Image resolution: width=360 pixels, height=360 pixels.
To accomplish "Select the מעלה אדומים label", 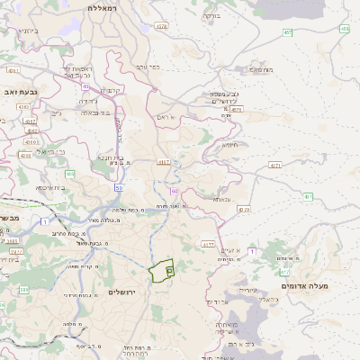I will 305,285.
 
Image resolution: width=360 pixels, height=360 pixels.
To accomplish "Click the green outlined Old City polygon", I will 161,270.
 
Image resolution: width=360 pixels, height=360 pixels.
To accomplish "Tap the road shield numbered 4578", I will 162,27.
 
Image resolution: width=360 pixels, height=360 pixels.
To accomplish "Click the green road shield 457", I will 288,32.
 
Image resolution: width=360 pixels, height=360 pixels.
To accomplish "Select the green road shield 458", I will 345,29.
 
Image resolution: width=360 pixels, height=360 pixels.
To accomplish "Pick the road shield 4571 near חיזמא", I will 275,166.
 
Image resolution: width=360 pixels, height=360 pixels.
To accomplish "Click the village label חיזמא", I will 230,144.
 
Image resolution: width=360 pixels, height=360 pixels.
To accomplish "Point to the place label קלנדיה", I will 112,90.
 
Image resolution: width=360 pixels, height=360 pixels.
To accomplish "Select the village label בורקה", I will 210,16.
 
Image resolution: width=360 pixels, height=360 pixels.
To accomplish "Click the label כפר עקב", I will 148,66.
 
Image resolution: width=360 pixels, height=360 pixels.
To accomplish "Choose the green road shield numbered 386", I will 24,290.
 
